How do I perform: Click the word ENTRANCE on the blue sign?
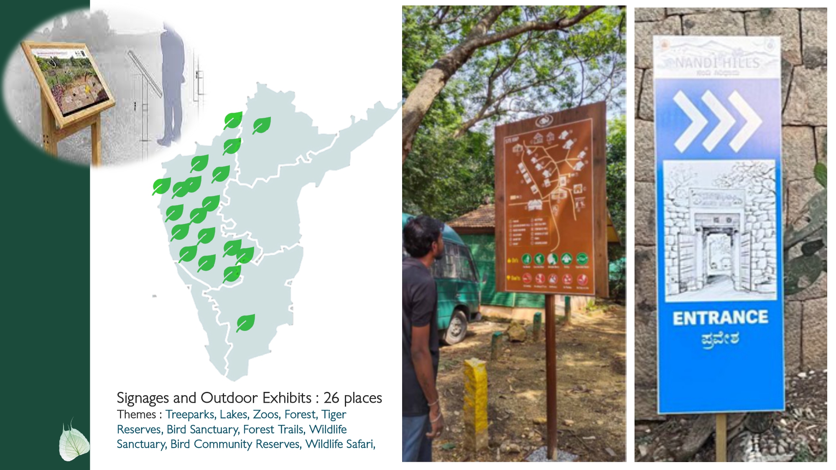[720, 318]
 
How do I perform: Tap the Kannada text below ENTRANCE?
[720, 339]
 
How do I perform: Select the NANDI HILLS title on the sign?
[717, 63]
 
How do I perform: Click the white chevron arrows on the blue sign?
[717, 121]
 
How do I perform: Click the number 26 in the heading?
[331, 398]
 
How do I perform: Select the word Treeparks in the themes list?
[190, 414]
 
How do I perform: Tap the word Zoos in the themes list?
[266, 414]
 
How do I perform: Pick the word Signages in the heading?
[143, 398]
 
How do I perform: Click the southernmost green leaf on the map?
[245, 323]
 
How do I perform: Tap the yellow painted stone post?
[476, 403]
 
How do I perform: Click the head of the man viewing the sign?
[423, 236]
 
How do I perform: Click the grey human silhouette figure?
[172, 84]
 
